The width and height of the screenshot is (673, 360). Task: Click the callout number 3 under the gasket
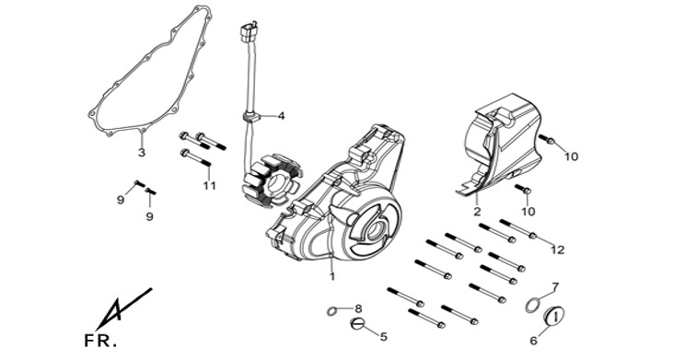pos(142,152)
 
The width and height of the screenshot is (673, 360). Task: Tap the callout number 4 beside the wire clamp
pos(281,116)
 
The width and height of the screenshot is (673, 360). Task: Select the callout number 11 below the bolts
pos(210,186)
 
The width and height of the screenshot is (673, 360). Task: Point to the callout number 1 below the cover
pos(332,277)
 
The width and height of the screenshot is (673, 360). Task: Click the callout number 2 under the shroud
pos(477,211)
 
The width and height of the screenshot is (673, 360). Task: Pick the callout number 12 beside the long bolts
pos(558,250)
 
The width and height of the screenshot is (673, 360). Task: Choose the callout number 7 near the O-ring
pos(555,286)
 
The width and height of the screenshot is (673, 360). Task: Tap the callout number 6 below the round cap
pos(533,341)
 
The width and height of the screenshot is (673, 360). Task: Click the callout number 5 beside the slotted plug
pos(383,337)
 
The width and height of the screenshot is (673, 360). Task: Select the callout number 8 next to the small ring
pos(358,308)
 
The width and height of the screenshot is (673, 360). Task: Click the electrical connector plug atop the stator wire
pos(249,32)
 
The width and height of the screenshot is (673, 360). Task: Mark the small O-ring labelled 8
pos(331,310)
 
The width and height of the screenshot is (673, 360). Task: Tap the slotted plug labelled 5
pos(357,324)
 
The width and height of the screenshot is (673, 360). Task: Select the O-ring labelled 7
pos(532,305)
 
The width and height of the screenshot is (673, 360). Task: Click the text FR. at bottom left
pos(100,341)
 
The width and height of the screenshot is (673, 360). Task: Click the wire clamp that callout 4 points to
pos(251,117)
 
